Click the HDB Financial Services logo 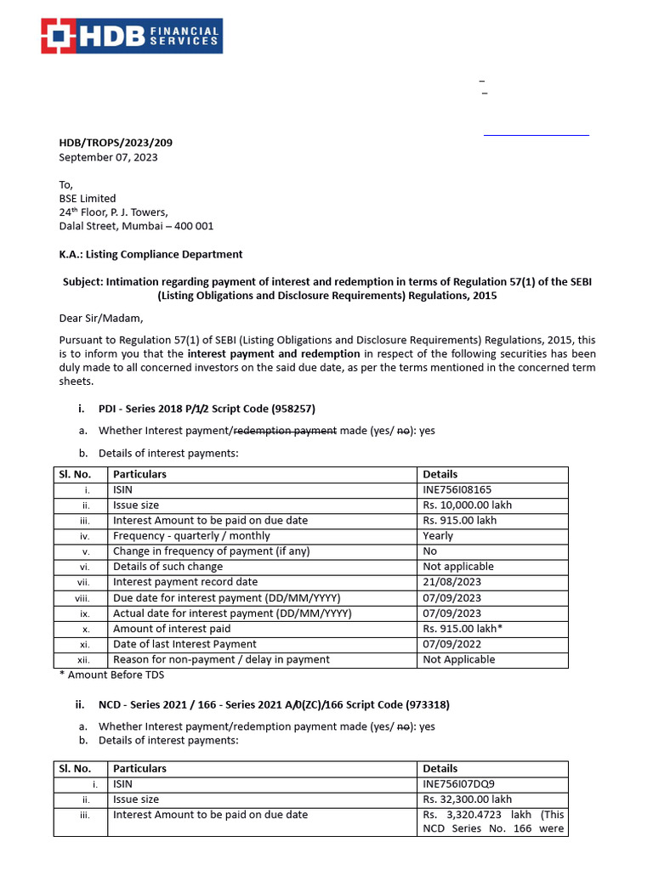tap(133, 36)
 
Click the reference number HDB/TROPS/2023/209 tap(116, 143)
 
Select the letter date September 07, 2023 tap(108, 157)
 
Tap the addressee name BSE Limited tap(87, 199)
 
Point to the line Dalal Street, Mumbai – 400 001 tap(136, 226)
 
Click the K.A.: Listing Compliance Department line tap(150, 254)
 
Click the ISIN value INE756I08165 tap(457, 489)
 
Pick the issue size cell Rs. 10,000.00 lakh tap(467, 505)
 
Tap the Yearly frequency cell tap(438, 536)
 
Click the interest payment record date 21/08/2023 tap(451, 582)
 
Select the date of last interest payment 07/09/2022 tap(451, 644)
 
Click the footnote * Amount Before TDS tap(111, 675)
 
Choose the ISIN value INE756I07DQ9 tap(458, 784)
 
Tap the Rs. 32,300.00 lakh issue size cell tap(467, 799)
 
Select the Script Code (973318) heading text tap(401, 704)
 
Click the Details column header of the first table tap(440, 474)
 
